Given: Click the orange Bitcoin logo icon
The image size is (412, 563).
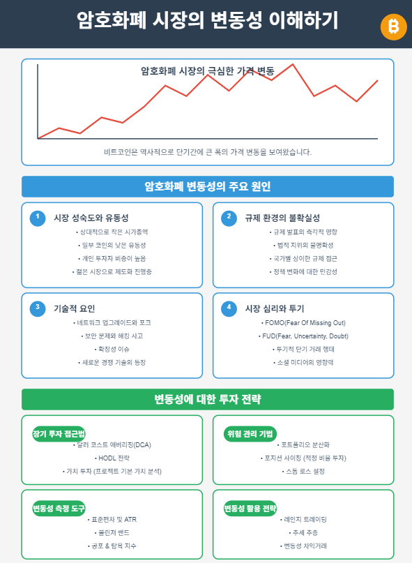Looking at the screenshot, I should click(x=393, y=27).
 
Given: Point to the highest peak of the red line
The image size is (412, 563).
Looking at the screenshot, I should click(x=292, y=64).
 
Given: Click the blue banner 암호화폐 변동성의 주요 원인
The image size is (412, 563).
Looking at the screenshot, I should click(x=208, y=186).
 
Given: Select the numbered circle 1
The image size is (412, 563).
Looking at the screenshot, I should click(x=38, y=218).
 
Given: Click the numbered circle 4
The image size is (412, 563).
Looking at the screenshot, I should click(x=229, y=308).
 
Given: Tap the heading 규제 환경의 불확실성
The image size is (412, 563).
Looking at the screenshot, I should click(x=282, y=218).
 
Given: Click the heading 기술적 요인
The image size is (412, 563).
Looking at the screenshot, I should click(x=75, y=308).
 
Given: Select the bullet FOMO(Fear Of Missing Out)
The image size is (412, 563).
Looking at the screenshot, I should click(x=305, y=323).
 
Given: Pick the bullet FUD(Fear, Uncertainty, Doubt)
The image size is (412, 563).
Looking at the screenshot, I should click(x=305, y=336).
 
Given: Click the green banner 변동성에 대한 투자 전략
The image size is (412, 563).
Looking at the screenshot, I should click(x=208, y=399).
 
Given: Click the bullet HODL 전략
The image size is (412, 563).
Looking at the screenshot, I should click(x=113, y=458).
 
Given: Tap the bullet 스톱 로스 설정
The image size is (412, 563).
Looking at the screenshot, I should click(x=305, y=471).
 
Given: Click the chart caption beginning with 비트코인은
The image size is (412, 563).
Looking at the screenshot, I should click(x=208, y=151).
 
